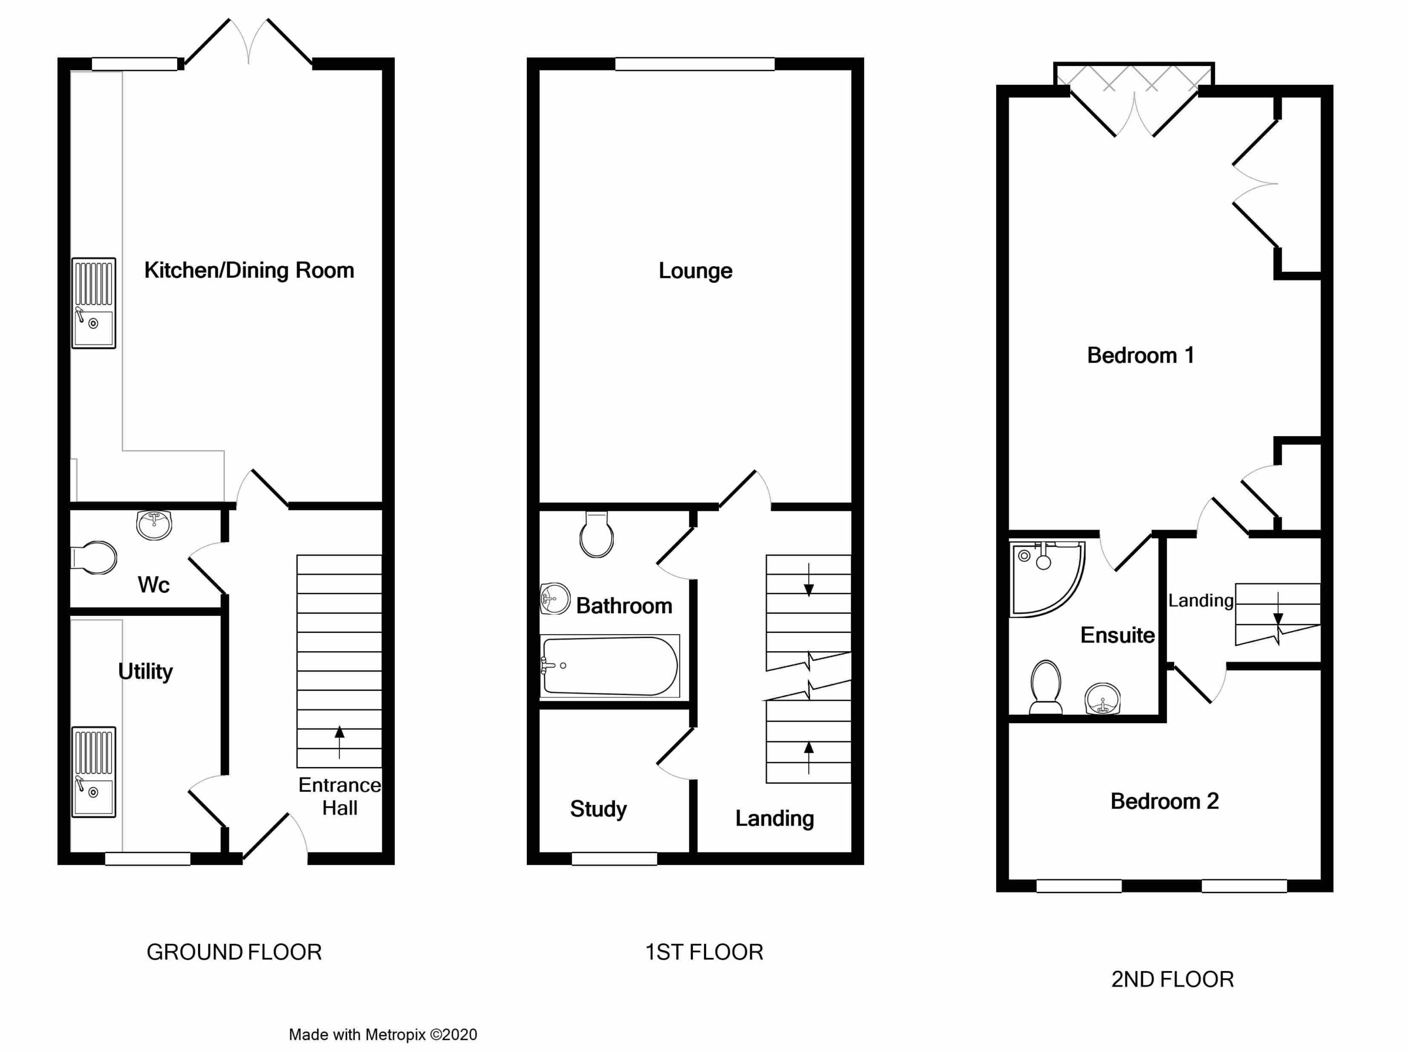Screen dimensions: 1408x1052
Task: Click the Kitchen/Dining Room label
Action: point(249,271)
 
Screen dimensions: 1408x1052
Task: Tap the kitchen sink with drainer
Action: point(94,303)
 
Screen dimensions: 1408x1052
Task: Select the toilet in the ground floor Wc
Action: point(94,558)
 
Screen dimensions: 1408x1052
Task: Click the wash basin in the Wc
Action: point(154,525)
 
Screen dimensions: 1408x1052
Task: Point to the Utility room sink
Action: point(94,772)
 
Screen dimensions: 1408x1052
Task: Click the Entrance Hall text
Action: point(339,796)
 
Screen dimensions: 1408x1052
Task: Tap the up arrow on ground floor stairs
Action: point(339,742)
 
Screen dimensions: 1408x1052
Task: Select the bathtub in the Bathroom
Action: point(610,667)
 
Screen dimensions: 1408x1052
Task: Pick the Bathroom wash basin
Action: point(554,599)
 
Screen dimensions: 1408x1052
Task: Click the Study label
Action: point(598,809)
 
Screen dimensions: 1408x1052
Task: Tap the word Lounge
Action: point(695,271)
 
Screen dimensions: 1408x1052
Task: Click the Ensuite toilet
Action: point(1045,687)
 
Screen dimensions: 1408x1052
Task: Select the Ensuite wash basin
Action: point(1102,699)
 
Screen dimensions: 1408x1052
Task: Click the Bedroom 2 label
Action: point(1164,801)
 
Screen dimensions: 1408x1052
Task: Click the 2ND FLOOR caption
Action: point(1173,979)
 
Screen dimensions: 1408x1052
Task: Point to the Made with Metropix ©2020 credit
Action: point(383,1035)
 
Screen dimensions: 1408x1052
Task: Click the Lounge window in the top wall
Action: point(695,64)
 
